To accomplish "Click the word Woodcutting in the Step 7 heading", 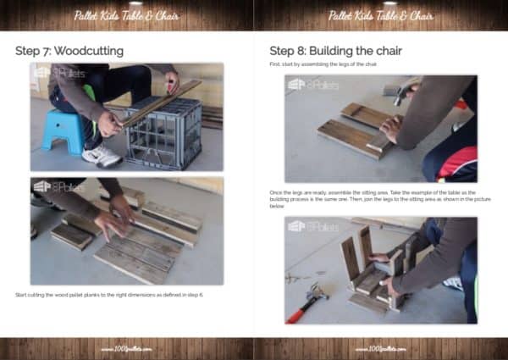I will [91, 51].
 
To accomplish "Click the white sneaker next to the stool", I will [102, 155].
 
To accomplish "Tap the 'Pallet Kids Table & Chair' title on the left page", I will [126, 15].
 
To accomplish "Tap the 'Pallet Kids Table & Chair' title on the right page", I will [380, 15].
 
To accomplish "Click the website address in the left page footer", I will [126, 348].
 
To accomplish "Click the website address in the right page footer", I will [380, 348].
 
